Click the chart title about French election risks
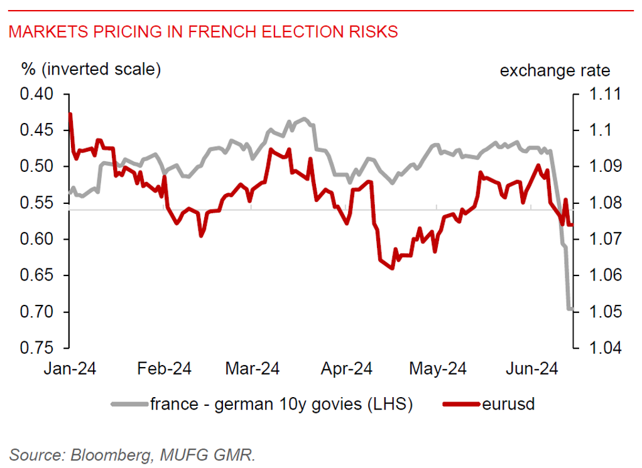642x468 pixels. (x=203, y=32)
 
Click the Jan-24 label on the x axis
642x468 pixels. (x=70, y=368)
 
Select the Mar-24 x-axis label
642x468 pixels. (x=252, y=368)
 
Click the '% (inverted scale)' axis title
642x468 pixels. (x=92, y=69)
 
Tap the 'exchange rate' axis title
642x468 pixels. (x=555, y=70)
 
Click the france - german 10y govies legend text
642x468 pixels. (x=281, y=404)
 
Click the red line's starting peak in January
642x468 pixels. (x=70, y=114)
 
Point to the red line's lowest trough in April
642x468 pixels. (x=392, y=268)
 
